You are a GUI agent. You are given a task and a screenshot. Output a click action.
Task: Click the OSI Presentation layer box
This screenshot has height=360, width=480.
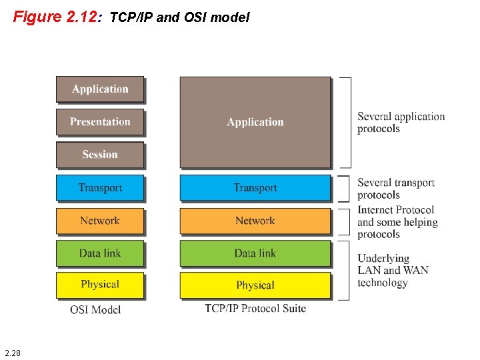coord(100,122)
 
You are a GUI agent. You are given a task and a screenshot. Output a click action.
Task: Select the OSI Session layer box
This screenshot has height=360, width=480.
coord(100,155)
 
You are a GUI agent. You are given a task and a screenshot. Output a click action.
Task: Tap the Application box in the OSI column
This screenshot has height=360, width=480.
coord(100,89)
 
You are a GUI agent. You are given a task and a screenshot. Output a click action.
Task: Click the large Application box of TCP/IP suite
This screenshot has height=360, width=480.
coord(255,122)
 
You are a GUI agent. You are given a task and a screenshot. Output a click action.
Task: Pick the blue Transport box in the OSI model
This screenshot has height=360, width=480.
coord(100,187)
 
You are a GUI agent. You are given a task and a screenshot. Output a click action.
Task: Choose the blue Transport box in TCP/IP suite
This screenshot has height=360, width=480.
coord(255,187)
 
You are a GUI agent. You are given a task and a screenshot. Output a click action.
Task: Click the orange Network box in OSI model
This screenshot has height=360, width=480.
coord(100,221)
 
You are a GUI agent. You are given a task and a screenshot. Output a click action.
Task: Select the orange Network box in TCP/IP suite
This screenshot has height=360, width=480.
coord(255,221)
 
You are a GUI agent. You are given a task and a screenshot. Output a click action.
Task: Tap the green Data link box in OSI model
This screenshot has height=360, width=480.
coord(100,253)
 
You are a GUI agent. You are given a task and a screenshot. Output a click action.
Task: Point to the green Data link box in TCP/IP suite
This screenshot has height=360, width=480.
coord(255,253)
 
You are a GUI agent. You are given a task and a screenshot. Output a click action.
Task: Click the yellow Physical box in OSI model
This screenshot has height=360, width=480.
coord(100,285)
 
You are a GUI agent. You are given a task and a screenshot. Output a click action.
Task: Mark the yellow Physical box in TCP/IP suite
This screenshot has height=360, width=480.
coord(255,285)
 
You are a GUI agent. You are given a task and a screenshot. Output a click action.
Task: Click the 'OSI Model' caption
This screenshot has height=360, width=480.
coord(95,309)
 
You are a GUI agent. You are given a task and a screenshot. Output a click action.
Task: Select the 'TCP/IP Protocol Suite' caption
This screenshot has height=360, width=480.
coord(255,309)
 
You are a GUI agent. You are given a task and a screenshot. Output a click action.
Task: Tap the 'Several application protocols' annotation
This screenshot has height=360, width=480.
coord(401,122)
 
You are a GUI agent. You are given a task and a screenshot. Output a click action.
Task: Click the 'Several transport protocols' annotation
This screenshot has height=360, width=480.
coord(396,189)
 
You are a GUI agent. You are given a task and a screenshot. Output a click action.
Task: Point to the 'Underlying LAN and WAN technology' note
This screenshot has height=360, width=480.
coord(393,270)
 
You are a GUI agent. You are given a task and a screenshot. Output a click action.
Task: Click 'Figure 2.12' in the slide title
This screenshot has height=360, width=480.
coord(55,17)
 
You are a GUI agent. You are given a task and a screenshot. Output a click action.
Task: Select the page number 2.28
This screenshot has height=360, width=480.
coord(12,352)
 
